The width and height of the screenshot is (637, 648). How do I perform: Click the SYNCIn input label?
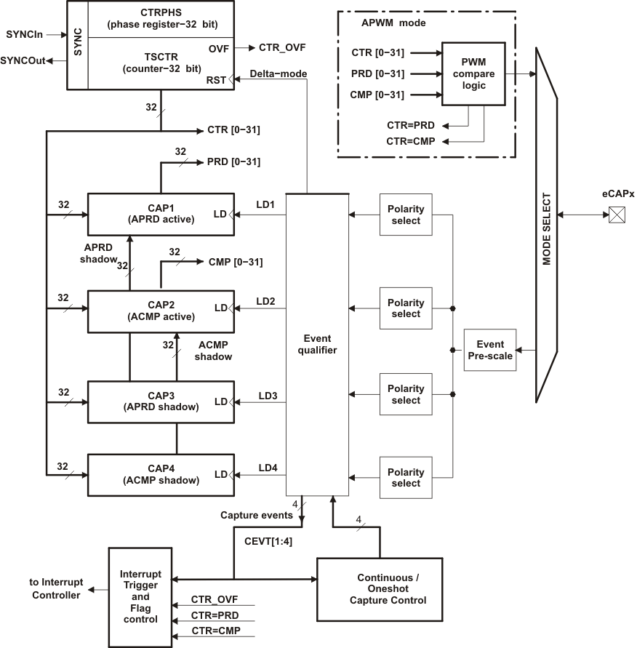[24, 34]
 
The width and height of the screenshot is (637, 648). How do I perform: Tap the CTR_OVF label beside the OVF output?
[282, 48]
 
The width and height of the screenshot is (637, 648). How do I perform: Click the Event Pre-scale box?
[490, 350]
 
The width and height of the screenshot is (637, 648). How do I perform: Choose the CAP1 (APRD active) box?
[161, 214]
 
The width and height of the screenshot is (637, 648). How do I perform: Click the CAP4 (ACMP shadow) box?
[161, 474]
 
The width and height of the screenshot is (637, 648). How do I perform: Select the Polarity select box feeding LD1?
[406, 215]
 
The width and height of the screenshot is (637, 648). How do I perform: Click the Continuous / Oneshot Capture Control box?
[380, 589]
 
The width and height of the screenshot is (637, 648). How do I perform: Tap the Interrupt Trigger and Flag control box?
[141, 597]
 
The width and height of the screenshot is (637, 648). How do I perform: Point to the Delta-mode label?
[278, 73]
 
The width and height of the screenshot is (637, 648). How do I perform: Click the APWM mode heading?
[393, 23]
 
